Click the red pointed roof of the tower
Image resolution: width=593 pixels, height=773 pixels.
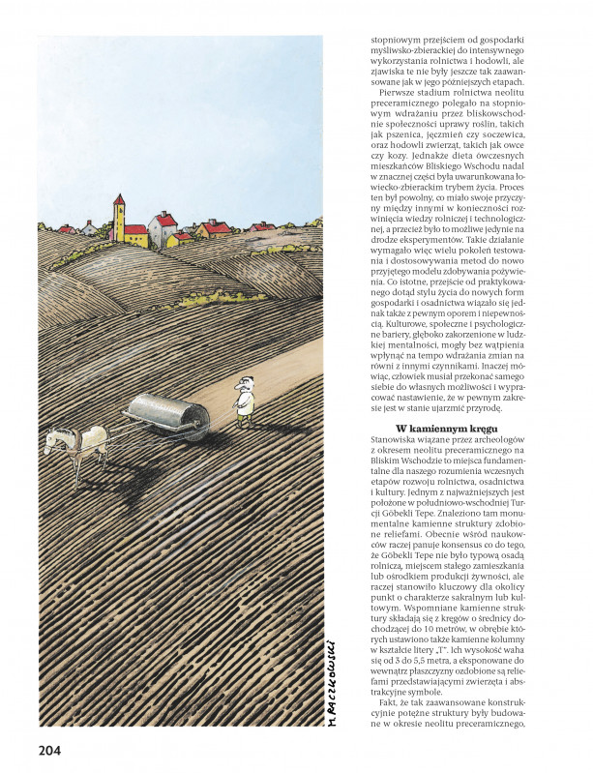pyautogui.click(x=119, y=199)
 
